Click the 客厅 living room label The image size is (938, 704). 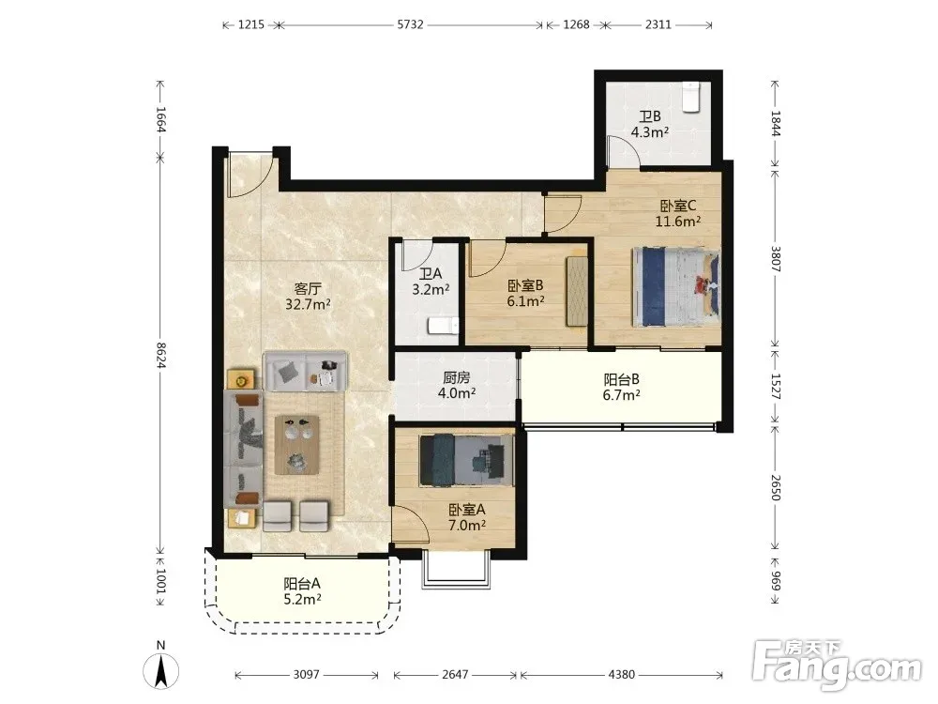[x=308, y=289]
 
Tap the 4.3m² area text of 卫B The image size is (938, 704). [x=650, y=131]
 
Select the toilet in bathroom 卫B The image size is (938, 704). [x=691, y=97]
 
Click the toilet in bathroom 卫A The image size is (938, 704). [x=443, y=326]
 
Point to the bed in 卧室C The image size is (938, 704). [x=676, y=287]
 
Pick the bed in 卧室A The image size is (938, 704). [x=466, y=460]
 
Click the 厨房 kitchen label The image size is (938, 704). [x=457, y=377]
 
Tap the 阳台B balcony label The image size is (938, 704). [x=622, y=379]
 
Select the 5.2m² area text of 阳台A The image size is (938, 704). [x=303, y=599]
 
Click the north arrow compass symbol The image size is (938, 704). [x=161, y=666]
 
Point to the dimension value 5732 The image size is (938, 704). [x=411, y=24]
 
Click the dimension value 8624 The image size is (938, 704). [x=160, y=355]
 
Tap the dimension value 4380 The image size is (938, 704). [x=622, y=675]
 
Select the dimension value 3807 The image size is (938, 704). [x=776, y=259]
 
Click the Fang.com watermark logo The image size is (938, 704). [x=838, y=665]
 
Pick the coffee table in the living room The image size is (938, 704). [x=296, y=445]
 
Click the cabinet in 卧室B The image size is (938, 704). [x=577, y=292]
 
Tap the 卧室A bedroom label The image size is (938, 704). [x=466, y=510]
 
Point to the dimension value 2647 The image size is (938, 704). [x=455, y=675]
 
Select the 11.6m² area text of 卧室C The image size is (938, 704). [x=678, y=221]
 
